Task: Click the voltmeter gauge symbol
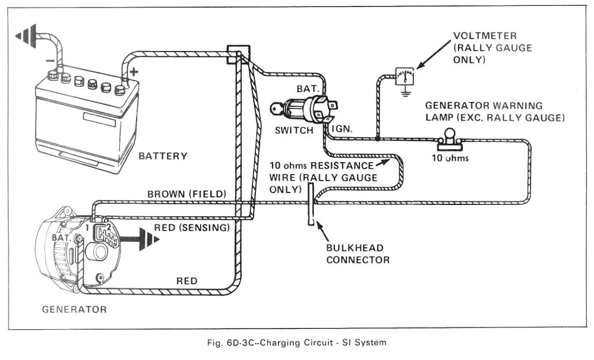pos(404,75)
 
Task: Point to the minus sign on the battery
pos(50,61)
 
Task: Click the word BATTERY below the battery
pos(163,156)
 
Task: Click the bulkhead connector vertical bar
pos(311,205)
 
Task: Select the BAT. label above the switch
pos(308,88)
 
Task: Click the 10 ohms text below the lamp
pos(449,158)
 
